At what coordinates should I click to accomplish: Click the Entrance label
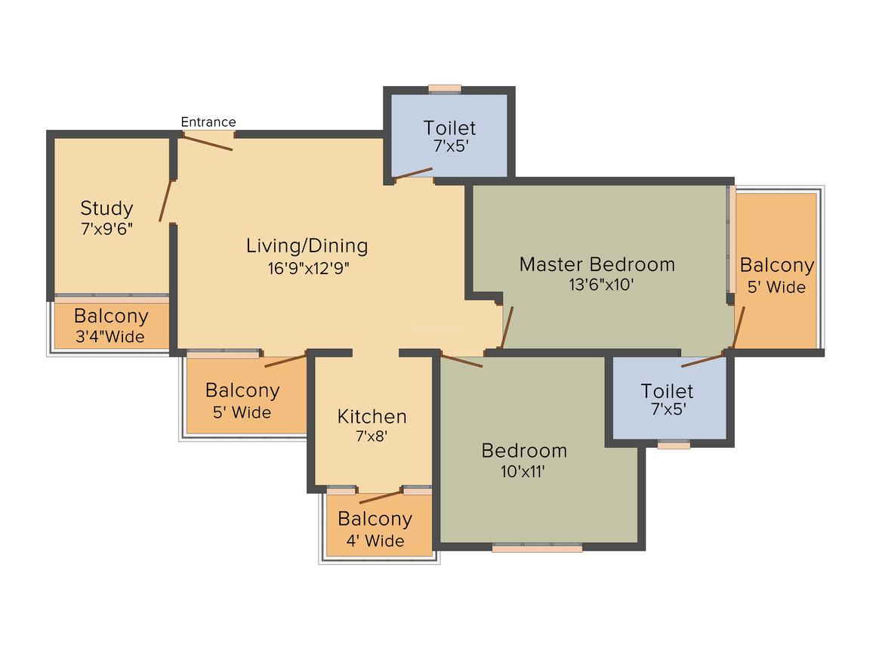tap(208, 122)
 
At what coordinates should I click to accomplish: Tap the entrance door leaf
tap(207, 143)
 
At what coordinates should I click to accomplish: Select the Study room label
tap(106, 208)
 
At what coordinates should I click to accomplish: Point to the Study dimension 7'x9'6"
tap(106, 229)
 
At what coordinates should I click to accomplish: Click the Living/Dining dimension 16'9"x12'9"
tap(308, 268)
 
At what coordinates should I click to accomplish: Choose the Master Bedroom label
tap(597, 264)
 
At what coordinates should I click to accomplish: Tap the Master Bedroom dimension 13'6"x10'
tap(601, 285)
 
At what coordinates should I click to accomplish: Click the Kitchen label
tap(372, 417)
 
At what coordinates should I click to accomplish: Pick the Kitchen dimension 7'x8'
tap(372, 436)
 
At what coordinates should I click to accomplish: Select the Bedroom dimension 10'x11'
tap(523, 471)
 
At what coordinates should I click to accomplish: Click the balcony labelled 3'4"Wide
tap(110, 326)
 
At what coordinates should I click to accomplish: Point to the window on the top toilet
tap(445, 88)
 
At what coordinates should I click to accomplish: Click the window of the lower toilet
tap(674, 445)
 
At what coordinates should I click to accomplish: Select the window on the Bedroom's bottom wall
tap(537, 547)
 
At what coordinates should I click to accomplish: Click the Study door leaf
tap(165, 201)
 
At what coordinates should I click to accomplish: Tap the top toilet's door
tap(413, 173)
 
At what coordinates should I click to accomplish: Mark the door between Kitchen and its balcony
tap(381, 497)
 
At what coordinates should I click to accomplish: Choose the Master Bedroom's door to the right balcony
tap(739, 328)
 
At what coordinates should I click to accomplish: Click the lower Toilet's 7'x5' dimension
tap(668, 409)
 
